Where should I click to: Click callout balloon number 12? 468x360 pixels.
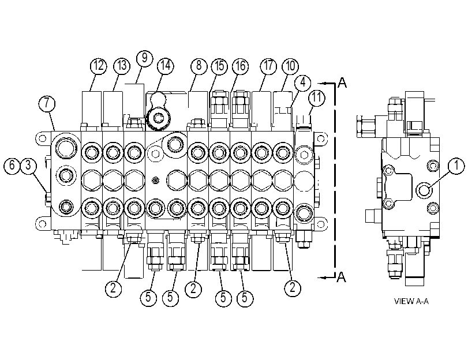pyautogui.click(x=99, y=66)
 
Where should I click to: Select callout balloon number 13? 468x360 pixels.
pyautogui.click(x=122, y=66)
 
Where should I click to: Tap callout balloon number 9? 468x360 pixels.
pyautogui.click(x=145, y=58)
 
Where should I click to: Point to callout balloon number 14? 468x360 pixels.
pyautogui.click(x=166, y=66)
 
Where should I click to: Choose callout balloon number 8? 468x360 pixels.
pyautogui.click(x=199, y=66)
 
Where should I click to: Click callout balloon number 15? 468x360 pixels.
pyautogui.click(x=219, y=66)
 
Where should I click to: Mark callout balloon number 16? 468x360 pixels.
pyautogui.click(x=241, y=66)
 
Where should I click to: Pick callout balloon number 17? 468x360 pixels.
pyautogui.click(x=268, y=66)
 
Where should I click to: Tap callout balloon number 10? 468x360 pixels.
pyautogui.click(x=290, y=66)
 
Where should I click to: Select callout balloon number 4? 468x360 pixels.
pyautogui.click(x=302, y=82)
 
